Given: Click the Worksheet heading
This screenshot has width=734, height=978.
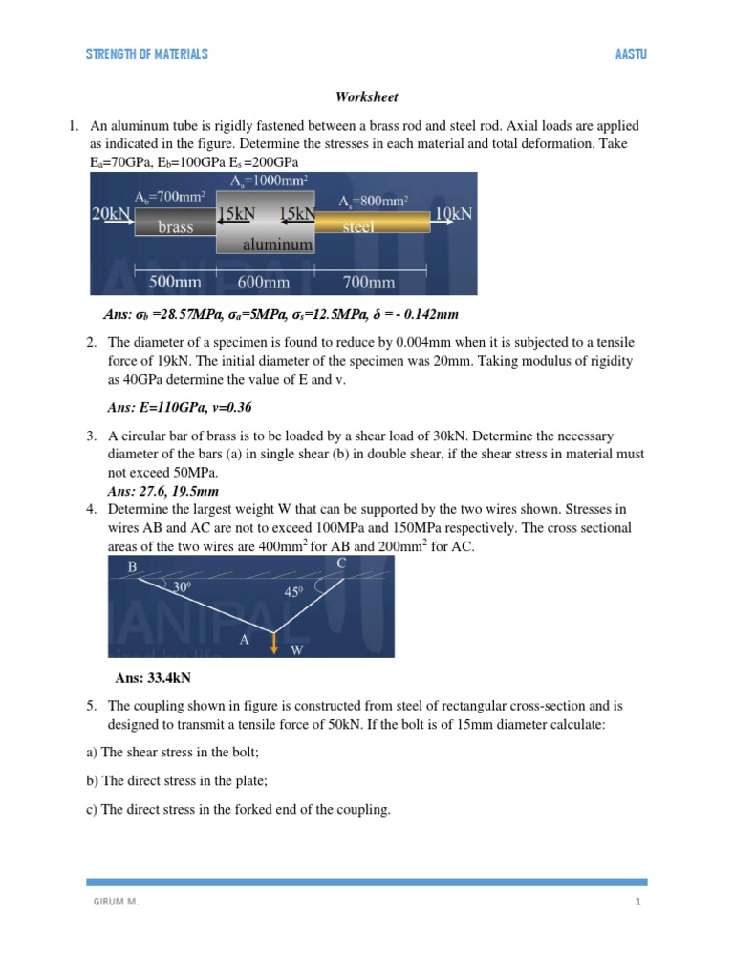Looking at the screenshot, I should pos(366,97).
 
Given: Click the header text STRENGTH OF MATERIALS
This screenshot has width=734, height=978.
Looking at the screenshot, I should pos(146,54).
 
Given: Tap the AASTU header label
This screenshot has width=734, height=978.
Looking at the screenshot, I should pos(632,54).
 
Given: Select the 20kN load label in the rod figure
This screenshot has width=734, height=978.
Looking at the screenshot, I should pos(111,213).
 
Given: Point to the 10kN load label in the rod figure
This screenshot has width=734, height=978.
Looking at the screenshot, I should pos(453,213).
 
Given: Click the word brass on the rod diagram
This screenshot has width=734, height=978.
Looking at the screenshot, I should pos(175,227).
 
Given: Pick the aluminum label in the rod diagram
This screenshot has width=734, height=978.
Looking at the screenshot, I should pos(277,244).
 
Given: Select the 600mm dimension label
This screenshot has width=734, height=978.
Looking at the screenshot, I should pos(264,282).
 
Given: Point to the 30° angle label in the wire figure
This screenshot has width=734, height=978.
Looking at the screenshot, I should pos(182,588).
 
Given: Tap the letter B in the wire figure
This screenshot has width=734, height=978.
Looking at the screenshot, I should pos(133,568).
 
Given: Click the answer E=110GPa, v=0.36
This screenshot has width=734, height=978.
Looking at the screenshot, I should pos(180,407).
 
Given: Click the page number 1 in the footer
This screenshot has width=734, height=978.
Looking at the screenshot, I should pos(636,900).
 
